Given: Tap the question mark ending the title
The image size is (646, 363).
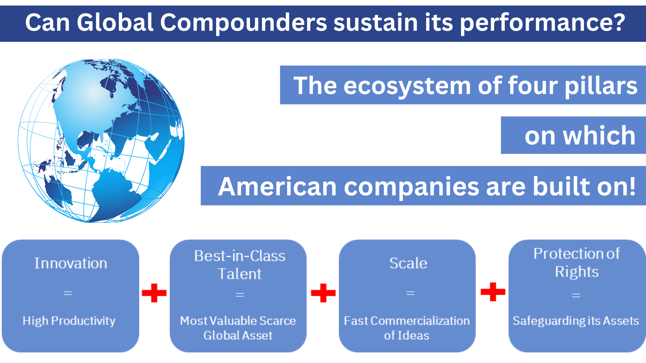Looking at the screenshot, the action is coord(617,22).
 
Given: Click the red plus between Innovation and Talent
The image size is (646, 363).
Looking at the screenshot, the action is coord(154,293).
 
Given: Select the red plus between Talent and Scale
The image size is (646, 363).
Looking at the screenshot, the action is coord(323,293).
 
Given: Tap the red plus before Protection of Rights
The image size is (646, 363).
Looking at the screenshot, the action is coord(493,292).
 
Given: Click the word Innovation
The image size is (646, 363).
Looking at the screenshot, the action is coord(71,263).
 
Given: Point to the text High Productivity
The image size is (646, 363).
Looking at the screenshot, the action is coord(69,321).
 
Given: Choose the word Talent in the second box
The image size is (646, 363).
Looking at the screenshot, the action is coord(240,274).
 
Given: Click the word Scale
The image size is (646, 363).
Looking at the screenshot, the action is coord(408,263).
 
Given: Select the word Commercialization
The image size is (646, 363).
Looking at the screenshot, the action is coord(420,321).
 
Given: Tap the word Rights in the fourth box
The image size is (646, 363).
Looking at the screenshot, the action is coord(577,272).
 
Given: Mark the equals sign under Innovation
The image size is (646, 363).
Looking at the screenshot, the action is coord(68,293).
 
